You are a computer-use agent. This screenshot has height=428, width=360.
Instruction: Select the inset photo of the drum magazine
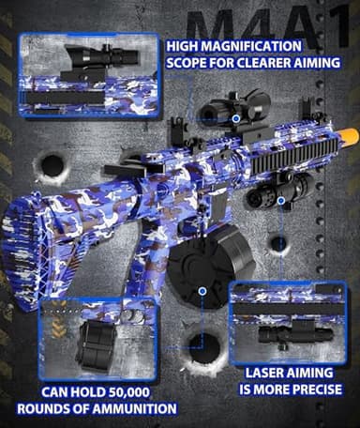pyautogui.click(x=98, y=338)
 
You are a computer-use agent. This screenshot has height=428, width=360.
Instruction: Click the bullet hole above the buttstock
pyautogui.click(x=49, y=169)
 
